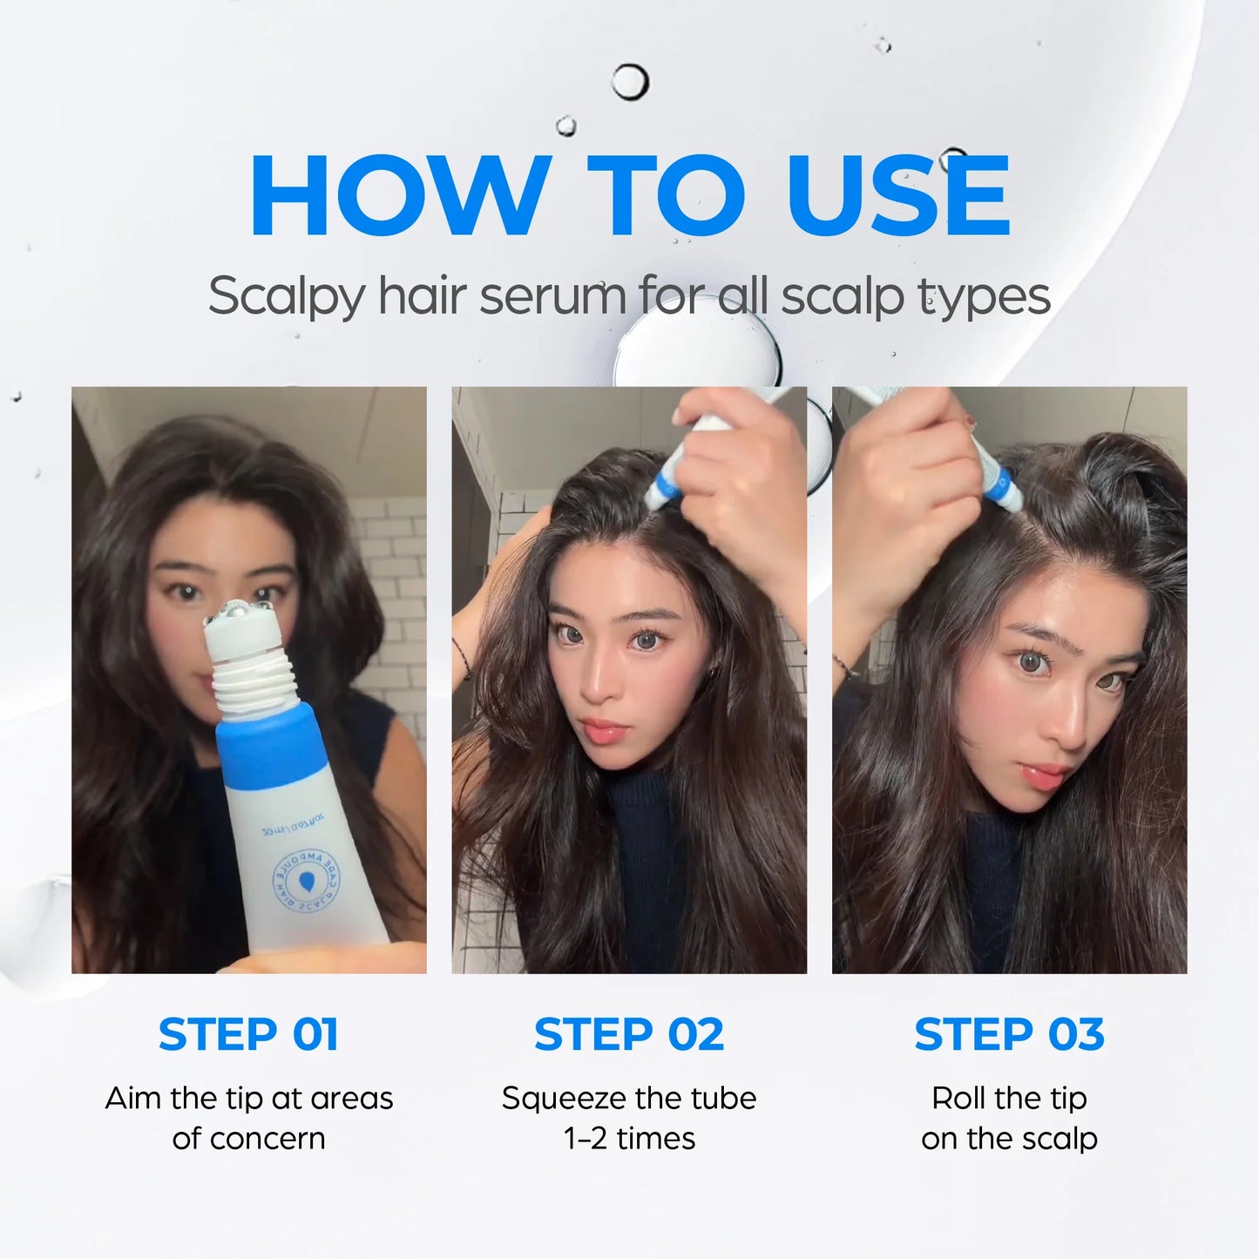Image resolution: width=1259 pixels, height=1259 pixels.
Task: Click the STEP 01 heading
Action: click(x=248, y=1034)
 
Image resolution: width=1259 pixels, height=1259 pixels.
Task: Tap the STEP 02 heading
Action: click(x=629, y=1034)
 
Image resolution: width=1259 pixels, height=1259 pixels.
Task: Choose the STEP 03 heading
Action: click(x=1009, y=1034)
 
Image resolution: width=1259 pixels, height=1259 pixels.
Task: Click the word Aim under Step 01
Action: click(x=135, y=1098)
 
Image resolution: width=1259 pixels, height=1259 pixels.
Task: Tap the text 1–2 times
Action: click(x=629, y=1139)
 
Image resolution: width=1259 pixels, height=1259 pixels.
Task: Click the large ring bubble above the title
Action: click(x=629, y=83)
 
